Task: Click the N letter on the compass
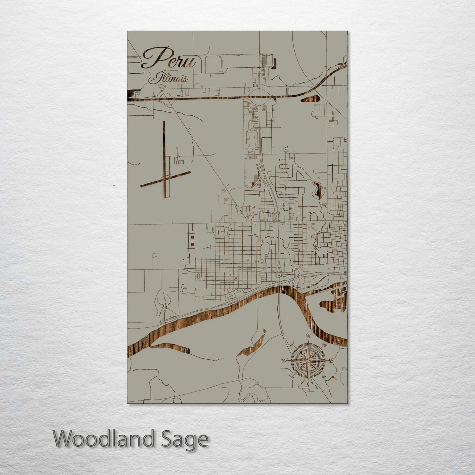[x=308, y=336]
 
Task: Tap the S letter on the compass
[x=307, y=385]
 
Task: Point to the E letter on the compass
[x=331, y=361]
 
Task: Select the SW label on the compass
[x=291, y=376]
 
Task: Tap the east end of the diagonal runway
[x=190, y=172]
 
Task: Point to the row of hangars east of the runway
[x=179, y=162]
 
